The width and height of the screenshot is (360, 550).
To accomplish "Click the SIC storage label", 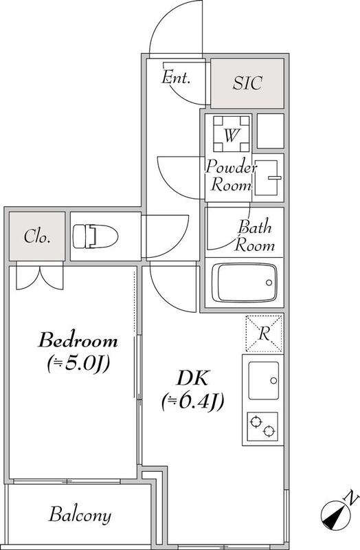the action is (247, 82).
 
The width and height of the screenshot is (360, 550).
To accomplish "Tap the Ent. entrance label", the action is (176, 77).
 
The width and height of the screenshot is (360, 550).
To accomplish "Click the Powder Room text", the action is (231, 175).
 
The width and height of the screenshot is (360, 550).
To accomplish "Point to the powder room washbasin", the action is (268, 177).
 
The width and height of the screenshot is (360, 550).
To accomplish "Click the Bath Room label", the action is (254, 235).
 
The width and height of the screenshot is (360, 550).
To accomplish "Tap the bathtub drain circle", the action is (269, 283).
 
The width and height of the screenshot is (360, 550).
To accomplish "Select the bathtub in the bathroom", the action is (245, 283).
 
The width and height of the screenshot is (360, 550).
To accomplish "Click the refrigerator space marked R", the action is (264, 333).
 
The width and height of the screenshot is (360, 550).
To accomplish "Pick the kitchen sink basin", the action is (264, 381).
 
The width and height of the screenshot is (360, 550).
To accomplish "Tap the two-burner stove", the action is (262, 426).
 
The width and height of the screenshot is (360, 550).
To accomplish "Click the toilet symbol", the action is (95, 236).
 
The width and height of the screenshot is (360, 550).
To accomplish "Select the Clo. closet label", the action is (37, 236).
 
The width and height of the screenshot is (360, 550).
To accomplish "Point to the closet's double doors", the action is (40, 276).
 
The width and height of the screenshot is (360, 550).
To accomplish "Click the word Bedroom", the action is (78, 340).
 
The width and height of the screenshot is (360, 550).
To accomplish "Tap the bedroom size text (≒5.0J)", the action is (78, 364).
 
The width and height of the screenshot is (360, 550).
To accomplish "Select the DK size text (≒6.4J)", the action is (192, 402).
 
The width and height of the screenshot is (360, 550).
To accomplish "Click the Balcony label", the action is (80, 515).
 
